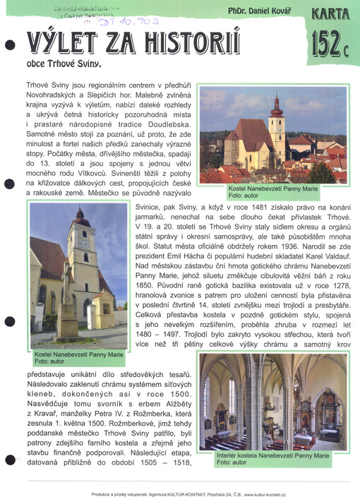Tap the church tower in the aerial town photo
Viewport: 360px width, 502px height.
pyautogui.click(x=277, y=124)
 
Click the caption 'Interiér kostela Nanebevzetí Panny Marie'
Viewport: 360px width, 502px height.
pyautogui.click(x=272, y=456)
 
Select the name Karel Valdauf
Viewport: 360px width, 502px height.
pyautogui.click(x=318, y=256)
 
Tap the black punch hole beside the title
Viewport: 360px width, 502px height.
pyautogui.click(x=10, y=45)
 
